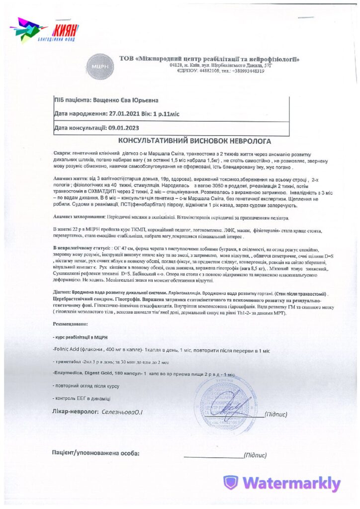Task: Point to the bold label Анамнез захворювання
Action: click(78, 218)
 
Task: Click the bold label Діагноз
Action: click(61, 294)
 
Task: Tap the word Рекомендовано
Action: click(72, 324)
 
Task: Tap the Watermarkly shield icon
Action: click(230, 482)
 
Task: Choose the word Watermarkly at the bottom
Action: click(292, 483)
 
